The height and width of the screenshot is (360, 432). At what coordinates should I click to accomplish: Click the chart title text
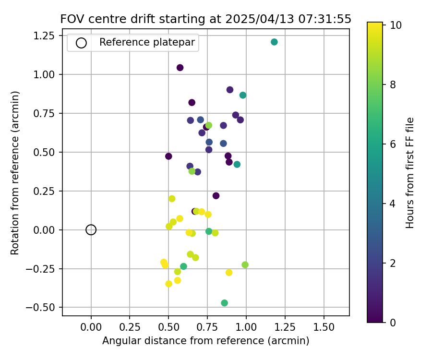205,19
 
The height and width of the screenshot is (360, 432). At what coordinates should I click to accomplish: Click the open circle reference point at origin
91,230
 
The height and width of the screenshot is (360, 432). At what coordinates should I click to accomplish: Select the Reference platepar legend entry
146,43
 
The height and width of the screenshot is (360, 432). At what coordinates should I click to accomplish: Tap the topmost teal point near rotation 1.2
274,42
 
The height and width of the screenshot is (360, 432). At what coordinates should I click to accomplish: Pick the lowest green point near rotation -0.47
224,303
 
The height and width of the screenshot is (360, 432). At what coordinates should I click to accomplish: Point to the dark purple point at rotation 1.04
180,68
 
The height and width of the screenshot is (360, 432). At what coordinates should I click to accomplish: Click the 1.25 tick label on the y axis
46,36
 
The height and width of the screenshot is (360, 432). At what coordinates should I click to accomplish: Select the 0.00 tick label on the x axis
91,327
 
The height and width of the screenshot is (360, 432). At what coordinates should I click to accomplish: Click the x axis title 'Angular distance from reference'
205,341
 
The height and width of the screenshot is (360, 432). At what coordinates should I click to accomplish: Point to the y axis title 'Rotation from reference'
15,173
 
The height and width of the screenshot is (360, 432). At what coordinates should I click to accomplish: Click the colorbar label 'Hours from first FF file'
410,173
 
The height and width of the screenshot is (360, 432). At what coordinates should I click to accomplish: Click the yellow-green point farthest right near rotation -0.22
245,265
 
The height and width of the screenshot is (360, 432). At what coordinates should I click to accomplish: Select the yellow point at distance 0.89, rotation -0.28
229,273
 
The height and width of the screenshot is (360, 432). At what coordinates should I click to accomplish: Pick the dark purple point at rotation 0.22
216,196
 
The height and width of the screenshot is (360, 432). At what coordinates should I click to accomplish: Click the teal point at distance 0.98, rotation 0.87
243,95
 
